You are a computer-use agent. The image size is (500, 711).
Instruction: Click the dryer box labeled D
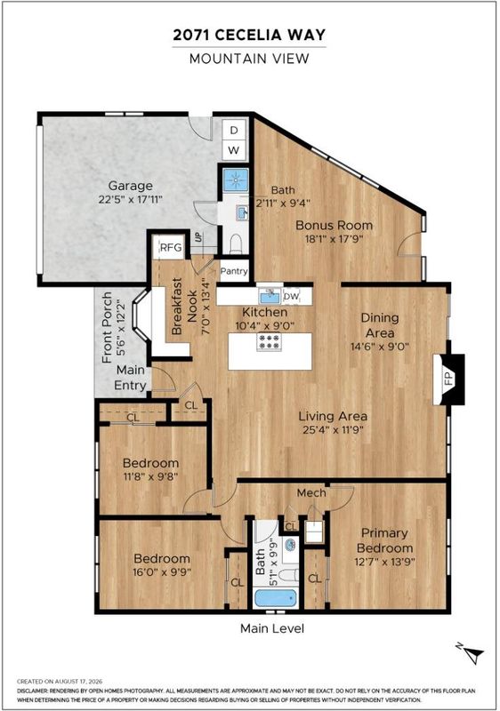point(234,130)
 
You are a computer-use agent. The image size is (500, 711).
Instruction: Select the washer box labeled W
point(234,149)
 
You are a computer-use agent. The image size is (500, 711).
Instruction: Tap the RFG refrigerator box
point(171,247)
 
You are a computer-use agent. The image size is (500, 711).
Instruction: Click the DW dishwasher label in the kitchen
point(291,297)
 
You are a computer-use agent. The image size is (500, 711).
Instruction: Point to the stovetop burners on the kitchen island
point(269,341)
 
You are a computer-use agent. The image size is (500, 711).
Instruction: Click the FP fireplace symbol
point(448,379)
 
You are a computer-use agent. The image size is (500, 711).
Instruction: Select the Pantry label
point(234,271)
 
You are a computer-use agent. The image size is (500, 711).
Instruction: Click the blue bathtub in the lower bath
point(276,598)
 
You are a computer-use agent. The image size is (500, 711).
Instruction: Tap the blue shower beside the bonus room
point(236,180)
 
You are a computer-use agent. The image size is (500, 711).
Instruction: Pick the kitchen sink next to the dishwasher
point(270,296)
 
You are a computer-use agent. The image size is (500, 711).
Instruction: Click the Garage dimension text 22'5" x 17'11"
point(130,199)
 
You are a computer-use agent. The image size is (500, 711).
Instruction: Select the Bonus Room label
point(334,225)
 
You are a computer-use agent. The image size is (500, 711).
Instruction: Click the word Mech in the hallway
point(311,492)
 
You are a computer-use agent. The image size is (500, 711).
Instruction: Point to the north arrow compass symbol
point(472,653)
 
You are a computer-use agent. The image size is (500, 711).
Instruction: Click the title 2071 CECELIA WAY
point(249,35)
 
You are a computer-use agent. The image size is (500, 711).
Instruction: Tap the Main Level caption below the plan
point(272,628)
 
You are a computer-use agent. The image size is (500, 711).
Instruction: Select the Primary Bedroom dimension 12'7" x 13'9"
point(384,563)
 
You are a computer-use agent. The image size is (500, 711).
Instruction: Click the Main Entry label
point(130,378)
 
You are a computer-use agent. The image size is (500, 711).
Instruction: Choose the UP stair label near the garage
point(198,237)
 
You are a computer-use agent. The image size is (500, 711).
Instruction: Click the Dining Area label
point(380,325)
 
